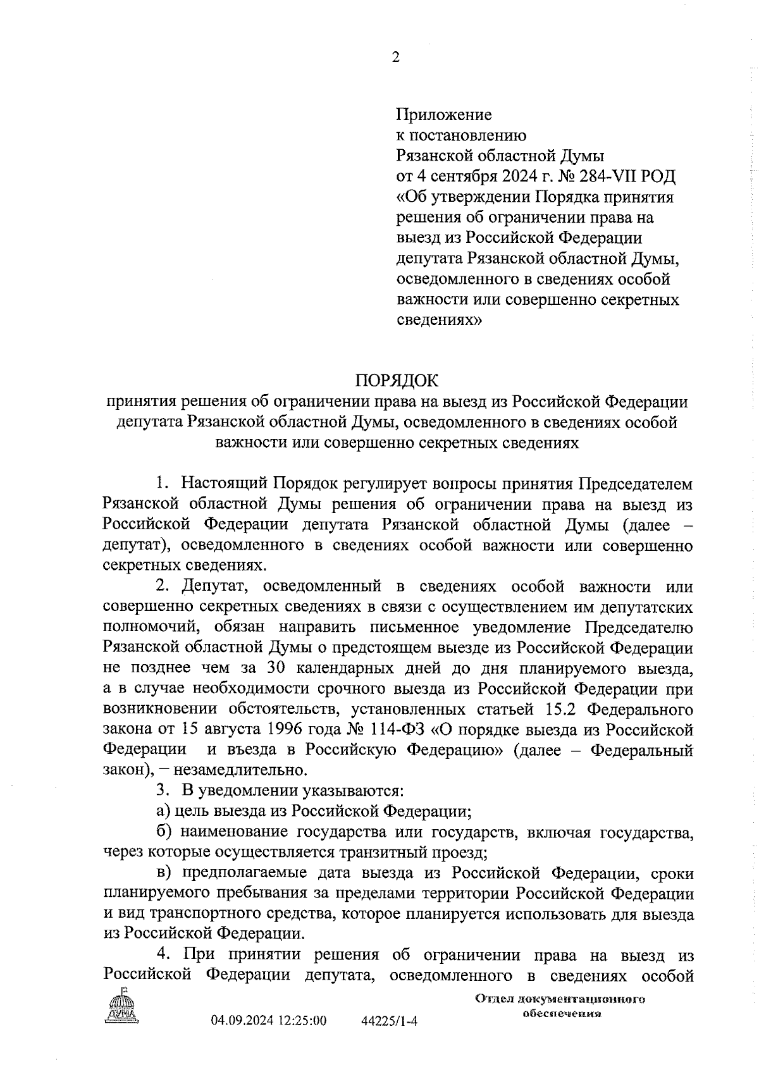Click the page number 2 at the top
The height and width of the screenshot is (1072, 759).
pyautogui.click(x=396, y=58)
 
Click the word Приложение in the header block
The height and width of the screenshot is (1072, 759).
pyautogui.click(x=443, y=115)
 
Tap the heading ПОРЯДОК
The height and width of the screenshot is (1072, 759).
pyautogui.click(x=397, y=381)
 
